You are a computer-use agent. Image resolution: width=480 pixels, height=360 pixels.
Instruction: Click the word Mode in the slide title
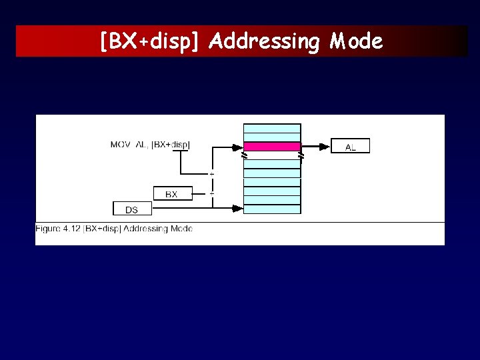click(x=356, y=42)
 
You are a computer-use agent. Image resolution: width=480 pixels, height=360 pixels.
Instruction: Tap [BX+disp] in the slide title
click(x=149, y=42)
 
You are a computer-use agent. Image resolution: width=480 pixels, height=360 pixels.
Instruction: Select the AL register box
click(x=350, y=147)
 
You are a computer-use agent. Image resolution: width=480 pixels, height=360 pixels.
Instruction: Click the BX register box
click(x=172, y=194)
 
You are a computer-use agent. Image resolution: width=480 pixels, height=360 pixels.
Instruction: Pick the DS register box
click(x=132, y=209)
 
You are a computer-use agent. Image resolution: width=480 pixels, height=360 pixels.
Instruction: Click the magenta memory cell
click(x=272, y=147)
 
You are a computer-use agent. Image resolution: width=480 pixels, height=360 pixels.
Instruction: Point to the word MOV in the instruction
click(x=121, y=144)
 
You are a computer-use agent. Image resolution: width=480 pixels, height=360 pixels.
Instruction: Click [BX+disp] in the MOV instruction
click(x=171, y=144)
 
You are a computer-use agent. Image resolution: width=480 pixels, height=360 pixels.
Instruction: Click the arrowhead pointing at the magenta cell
click(x=238, y=147)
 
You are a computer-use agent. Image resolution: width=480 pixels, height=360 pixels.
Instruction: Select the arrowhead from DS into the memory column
click(x=238, y=209)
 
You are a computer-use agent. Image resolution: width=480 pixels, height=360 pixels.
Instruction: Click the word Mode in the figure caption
click(x=182, y=229)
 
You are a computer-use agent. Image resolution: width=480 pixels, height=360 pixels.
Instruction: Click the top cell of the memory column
click(x=272, y=128)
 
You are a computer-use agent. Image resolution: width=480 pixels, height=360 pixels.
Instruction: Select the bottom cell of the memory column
click(x=272, y=209)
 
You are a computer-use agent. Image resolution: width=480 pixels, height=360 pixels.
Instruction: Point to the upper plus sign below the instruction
click(x=212, y=174)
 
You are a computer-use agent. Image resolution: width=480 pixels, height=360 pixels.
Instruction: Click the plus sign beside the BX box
click(x=212, y=193)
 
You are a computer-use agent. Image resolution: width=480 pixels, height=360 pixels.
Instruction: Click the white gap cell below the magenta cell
click(x=272, y=155)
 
